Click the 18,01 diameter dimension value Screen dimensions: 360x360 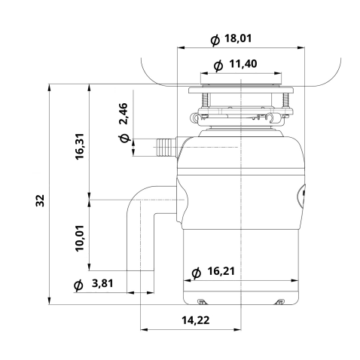237,38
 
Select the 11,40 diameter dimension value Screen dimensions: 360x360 243,64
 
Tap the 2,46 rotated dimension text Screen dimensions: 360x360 124,114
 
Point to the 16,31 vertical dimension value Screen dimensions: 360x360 80,147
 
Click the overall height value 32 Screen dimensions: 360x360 40,200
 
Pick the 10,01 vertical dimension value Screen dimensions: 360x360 80,238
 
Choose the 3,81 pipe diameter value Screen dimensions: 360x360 102,283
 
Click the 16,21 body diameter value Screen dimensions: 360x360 221,271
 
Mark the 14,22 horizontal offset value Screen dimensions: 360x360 195,320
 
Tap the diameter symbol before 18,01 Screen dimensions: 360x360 215,40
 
